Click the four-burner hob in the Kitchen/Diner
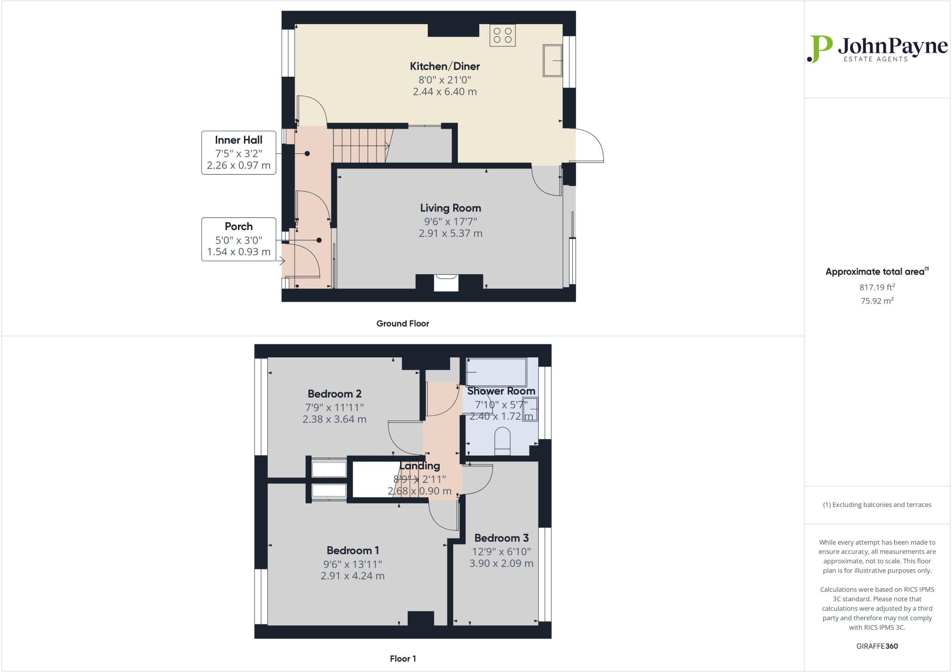point(502,35)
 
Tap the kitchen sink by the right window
point(552,60)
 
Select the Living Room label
point(450,208)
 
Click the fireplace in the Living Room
point(446,283)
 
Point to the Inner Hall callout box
point(238,152)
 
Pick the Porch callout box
point(238,239)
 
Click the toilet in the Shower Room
point(502,441)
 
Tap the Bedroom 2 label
point(334,394)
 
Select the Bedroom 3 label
point(501,538)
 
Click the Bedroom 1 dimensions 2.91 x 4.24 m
point(352,576)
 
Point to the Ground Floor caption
point(403,323)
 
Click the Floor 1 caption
point(403,659)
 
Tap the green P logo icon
point(819,49)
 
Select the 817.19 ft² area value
point(877,287)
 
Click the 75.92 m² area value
point(877,301)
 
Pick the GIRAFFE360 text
point(877,646)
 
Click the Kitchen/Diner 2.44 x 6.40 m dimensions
point(444,92)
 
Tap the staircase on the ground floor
point(360,145)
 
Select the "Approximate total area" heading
point(876,272)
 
